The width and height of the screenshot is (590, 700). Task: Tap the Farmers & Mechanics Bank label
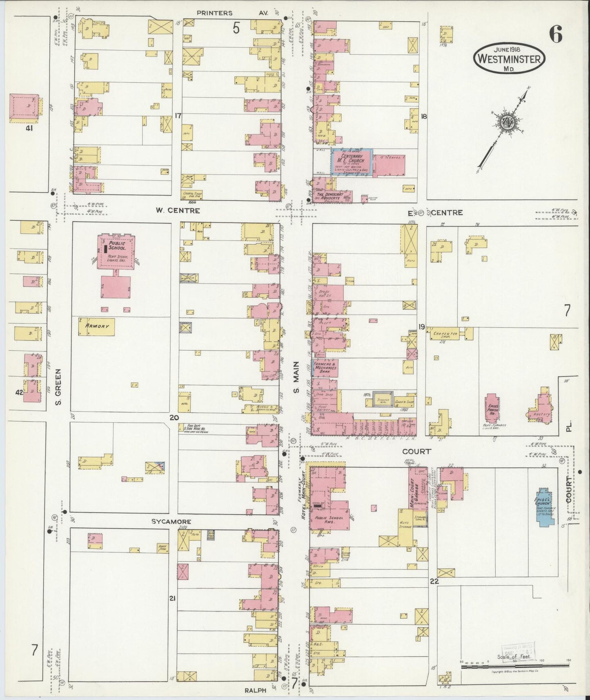325,368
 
